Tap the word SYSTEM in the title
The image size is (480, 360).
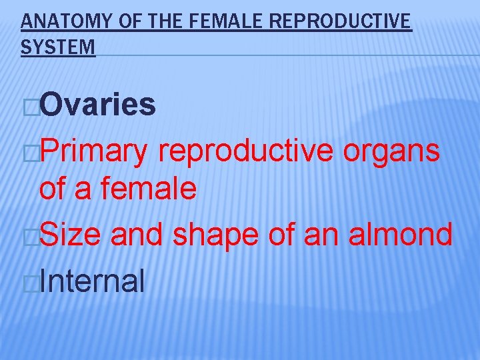pyautogui.click(x=58, y=47)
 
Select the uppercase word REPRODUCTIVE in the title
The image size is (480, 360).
pyautogui.click(x=341, y=22)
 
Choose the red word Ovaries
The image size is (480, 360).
pyautogui.click(x=98, y=105)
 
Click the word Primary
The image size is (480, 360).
pyautogui.click(x=94, y=152)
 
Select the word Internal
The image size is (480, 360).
pyautogui.click(x=92, y=281)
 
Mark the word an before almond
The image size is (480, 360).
pyautogui.click(x=312, y=236)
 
